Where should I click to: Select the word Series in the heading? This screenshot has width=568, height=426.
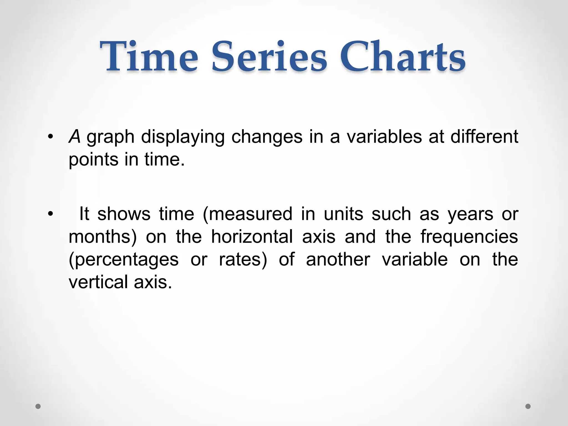tap(269, 57)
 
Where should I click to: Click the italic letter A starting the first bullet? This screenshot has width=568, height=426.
tap(74, 137)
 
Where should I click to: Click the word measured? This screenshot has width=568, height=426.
tap(248, 214)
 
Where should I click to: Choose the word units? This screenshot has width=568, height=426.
tap(343, 214)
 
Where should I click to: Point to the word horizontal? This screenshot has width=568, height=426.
tap(252, 237)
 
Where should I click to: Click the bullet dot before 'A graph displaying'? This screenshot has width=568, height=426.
tap(50, 137)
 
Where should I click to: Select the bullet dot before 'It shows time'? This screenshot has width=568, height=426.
tap(50, 214)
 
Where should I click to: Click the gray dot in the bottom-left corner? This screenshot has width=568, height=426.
tap(38, 406)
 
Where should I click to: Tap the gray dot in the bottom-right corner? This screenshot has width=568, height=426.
tap(528, 406)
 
